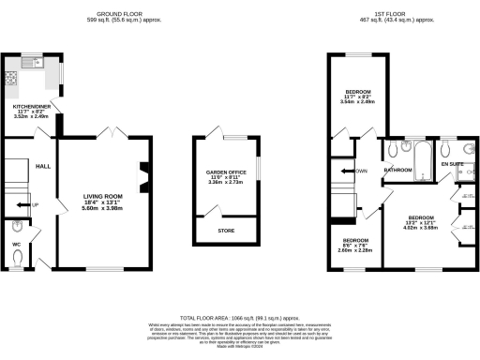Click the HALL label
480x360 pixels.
tap(42, 166)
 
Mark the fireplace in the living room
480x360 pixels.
tap(144, 174)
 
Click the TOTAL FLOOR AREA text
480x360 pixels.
tap(239, 319)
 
